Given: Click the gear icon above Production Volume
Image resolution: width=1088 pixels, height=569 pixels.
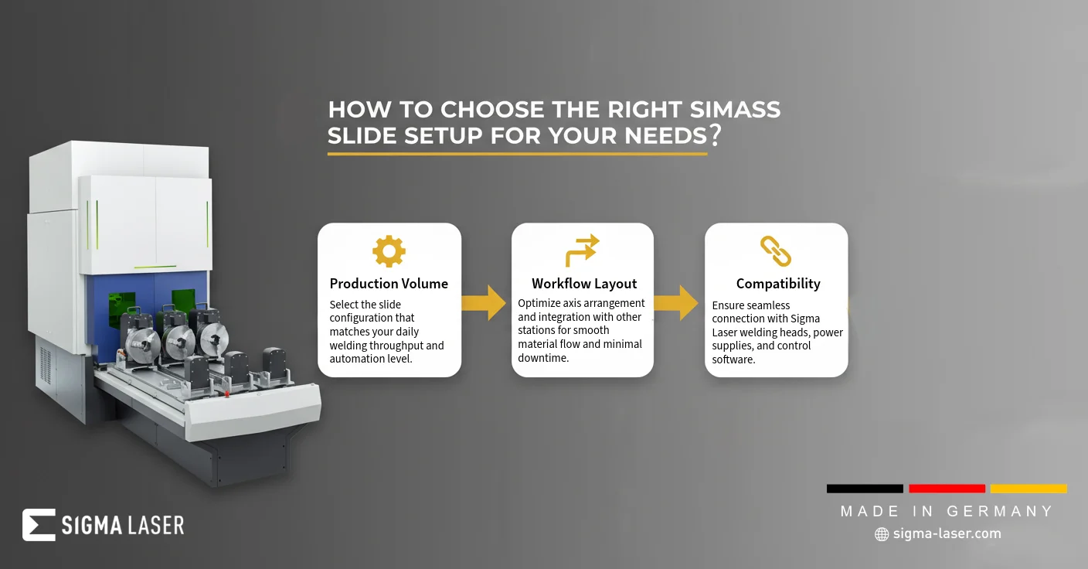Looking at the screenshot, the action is tap(389, 251).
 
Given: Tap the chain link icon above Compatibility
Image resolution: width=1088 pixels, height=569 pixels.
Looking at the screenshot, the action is tap(776, 251).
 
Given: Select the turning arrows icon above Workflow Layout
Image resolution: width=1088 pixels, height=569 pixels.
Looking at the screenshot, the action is tap(583, 250).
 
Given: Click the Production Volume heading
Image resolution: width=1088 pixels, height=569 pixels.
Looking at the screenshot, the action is tap(389, 284).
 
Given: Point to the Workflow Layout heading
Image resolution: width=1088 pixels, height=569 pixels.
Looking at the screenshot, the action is tap(584, 284).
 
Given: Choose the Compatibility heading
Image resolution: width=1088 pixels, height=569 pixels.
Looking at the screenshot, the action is tap(778, 284).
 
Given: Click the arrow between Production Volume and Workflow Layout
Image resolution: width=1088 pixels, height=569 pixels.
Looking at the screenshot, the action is tap(484, 303).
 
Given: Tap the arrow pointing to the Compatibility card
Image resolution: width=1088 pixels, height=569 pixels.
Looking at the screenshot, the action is tap(676, 303).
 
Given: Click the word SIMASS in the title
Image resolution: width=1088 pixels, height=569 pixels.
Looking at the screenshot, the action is tap(735, 109).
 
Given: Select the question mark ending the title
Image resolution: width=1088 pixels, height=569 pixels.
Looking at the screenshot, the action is tap(715, 135).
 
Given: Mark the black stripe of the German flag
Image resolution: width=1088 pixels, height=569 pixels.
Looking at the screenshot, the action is tap(865, 489).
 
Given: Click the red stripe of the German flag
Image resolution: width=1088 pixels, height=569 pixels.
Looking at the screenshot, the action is tap(947, 489).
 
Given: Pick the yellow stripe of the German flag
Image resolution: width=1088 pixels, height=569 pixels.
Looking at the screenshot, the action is tap(1028, 489).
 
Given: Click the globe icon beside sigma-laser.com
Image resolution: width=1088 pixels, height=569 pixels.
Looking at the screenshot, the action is tap(882, 534).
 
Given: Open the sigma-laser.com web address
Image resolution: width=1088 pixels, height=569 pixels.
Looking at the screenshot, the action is tap(947, 533).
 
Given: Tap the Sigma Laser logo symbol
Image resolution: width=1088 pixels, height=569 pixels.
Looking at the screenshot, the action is tap(39, 525).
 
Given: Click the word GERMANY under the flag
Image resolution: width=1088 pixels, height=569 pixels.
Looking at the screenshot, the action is tap(1000, 511).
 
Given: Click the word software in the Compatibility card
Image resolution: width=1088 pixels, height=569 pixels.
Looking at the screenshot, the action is tap(733, 359).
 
